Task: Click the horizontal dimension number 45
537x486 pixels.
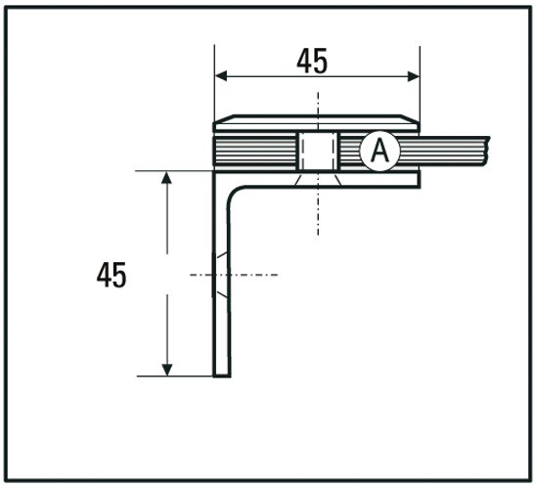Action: point(312,62)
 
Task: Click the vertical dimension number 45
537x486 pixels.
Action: point(112,275)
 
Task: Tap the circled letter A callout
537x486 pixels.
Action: point(379,151)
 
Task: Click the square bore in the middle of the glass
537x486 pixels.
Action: point(316,150)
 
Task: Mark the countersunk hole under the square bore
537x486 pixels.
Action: point(316,178)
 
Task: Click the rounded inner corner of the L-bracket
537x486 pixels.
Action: point(237,192)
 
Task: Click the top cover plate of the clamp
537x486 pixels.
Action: point(316,123)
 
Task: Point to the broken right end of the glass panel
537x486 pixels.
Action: point(483,150)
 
